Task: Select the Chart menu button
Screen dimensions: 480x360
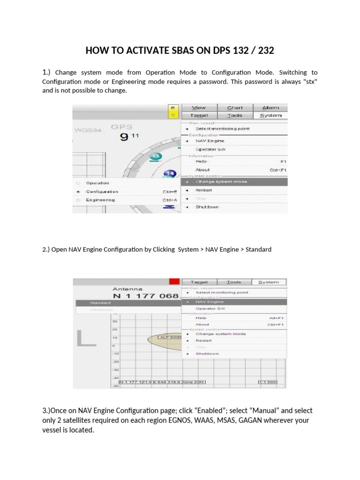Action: pyautogui.click(x=235, y=107)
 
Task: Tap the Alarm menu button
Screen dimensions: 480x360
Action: pyautogui.click(x=270, y=107)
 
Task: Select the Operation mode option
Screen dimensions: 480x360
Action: pyautogui.click(x=97, y=183)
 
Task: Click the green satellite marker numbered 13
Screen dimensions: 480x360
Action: pyautogui.click(x=156, y=156)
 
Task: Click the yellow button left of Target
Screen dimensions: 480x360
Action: pyautogui.click(x=172, y=111)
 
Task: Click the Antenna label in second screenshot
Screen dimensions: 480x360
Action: pyautogui.click(x=127, y=289)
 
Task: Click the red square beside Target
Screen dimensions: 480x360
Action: pyautogui.click(x=175, y=281)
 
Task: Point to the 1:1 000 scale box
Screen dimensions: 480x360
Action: pyautogui.click(x=268, y=382)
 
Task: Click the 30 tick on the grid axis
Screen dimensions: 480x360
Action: pyautogui.click(x=114, y=322)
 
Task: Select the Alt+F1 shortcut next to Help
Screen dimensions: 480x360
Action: pyautogui.click(x=277, y=318)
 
